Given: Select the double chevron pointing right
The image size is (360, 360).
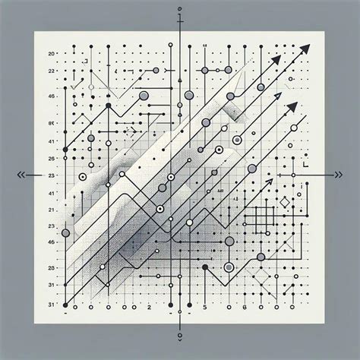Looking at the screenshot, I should (x=336, y=175).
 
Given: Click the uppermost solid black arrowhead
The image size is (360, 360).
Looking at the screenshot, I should (x=305, y=49).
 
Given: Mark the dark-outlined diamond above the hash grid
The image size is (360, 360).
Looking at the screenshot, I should (x=285, y=203).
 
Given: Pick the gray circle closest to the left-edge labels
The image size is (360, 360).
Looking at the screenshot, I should (x=65, y=232).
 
